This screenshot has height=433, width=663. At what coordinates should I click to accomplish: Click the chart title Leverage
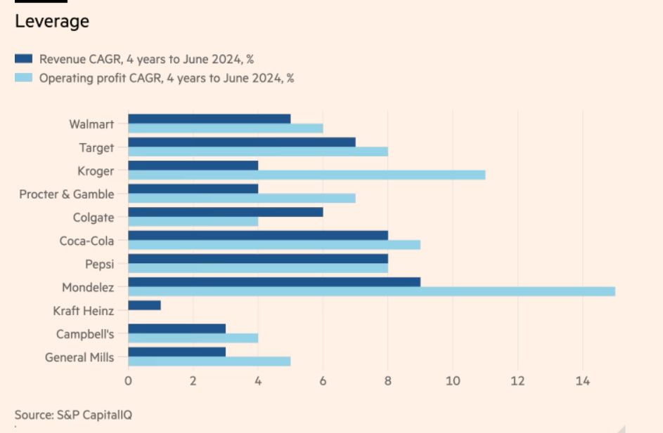[x=52, y=22]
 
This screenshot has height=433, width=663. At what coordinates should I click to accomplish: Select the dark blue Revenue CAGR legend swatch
[x=24, y=59]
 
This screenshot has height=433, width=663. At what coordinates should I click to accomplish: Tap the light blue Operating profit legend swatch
[x=24, y=78]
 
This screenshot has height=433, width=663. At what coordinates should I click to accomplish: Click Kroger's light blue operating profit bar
[x=307, y=175]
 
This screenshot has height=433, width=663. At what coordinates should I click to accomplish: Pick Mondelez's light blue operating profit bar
[x=371, y=291]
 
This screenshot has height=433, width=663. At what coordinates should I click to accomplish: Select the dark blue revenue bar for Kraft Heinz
[x=144, y=305]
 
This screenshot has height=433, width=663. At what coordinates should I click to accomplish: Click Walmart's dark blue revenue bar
[x=209, y=119]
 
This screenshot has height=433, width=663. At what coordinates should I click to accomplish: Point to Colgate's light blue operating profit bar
[x=193, y=221]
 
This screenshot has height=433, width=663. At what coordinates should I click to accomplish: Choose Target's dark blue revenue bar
[x=241, y=142]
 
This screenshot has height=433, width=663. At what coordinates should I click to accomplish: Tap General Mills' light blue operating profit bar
[x=209, y=361]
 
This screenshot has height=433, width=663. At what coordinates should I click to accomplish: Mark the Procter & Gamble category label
[x=66, y=194]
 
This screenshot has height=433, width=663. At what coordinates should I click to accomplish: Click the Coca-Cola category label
[x=86, y=241]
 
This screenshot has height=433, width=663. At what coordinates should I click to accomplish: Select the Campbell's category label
[x=85, y=334]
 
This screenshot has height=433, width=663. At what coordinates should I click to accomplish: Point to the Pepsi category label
[x=99, y=265]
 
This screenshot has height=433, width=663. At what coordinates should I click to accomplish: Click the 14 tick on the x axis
[x=582, y=380]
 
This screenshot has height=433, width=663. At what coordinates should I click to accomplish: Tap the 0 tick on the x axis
[x=128, y=380]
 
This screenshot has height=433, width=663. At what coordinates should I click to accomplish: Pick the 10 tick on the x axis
[x=452, y=380]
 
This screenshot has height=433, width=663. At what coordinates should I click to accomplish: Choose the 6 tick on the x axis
[x=323, y=380]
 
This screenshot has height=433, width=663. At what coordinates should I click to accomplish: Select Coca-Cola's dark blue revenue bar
[x=257, y=235]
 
